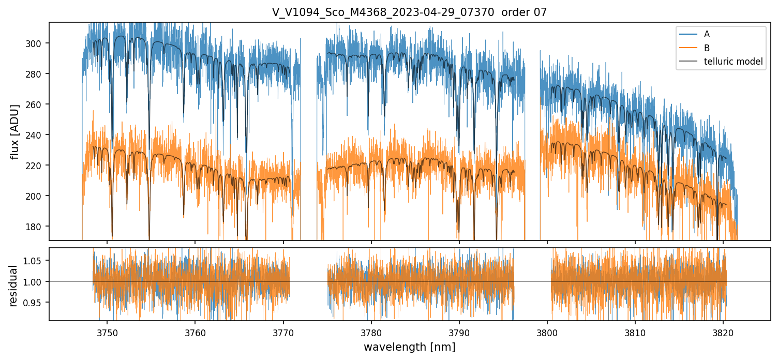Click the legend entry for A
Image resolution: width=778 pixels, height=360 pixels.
707,35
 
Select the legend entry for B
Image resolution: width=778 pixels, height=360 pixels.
707,48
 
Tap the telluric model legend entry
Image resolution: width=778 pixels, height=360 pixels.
733,62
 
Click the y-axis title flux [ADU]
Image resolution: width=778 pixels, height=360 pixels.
16,131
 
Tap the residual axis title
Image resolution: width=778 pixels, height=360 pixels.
13,286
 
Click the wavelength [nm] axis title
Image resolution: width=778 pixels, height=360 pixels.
409,347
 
